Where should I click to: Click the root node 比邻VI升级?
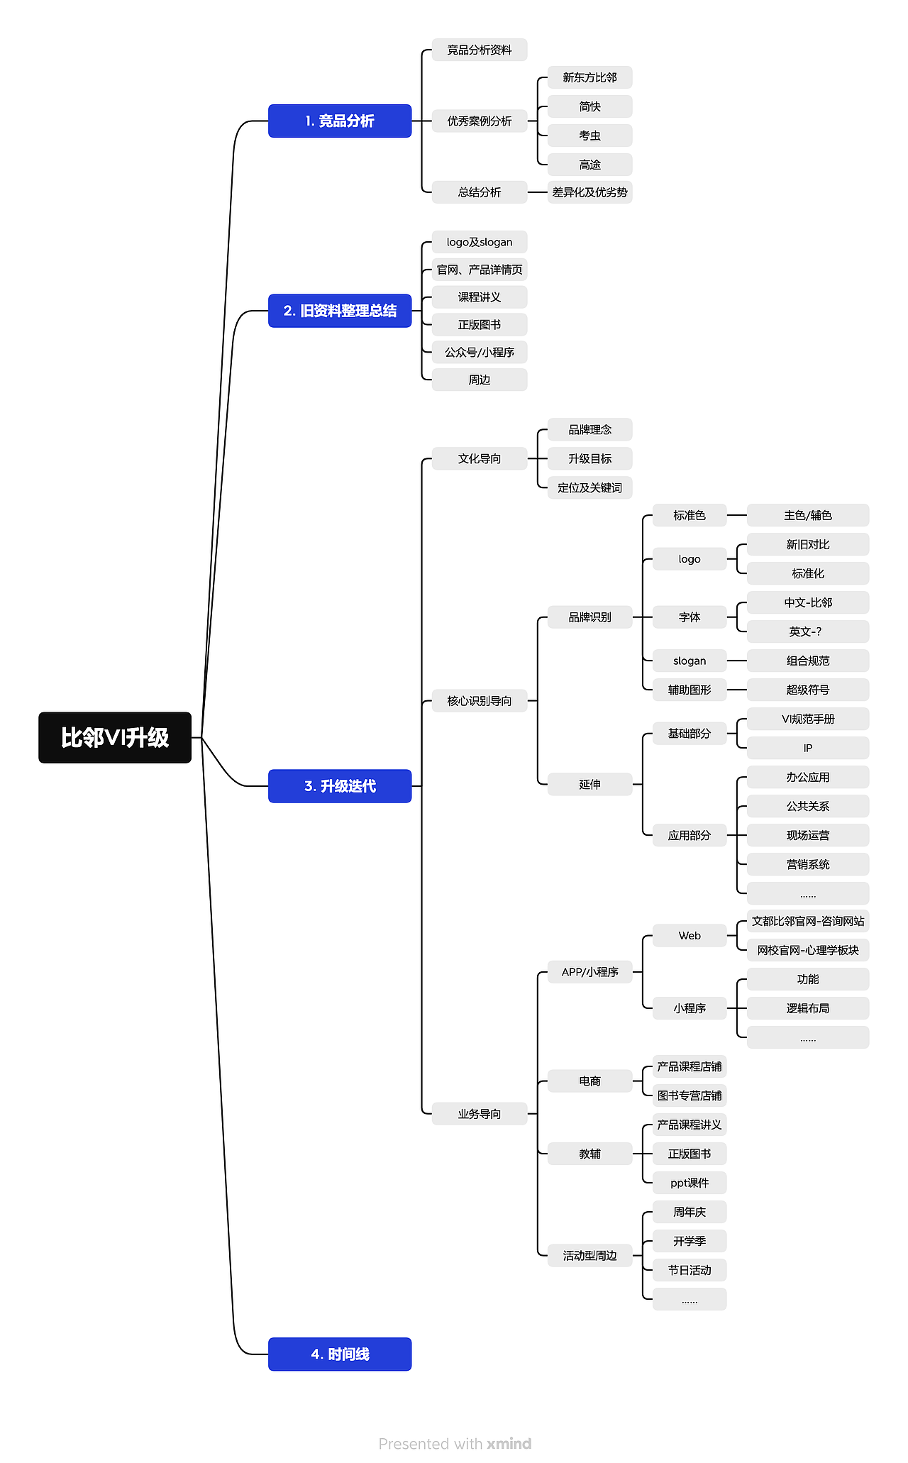(115, 737)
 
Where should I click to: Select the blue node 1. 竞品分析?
(340, 121)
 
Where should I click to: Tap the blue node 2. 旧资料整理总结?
(340, 311)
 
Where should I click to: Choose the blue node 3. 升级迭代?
(340, 786)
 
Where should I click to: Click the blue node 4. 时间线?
(340, 1354)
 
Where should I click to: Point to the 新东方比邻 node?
(589, 77)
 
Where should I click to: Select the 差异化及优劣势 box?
(589, 192)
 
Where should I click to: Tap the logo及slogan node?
(480, 242)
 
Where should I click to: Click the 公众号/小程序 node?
(480, 352)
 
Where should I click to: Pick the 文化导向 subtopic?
(480, 458)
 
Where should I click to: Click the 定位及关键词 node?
(589, 487)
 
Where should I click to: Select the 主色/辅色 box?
(808, 515)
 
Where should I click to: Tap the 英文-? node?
(808, 631)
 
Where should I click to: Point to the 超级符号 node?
(808, 690)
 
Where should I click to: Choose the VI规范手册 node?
(808, 719)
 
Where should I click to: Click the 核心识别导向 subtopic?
(480, 701)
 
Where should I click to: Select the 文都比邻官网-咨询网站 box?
(808, 921)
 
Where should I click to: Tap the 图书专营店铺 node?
(690, 1095)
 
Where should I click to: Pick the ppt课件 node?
(690, 1183)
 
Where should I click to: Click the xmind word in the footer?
(509, 1443)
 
